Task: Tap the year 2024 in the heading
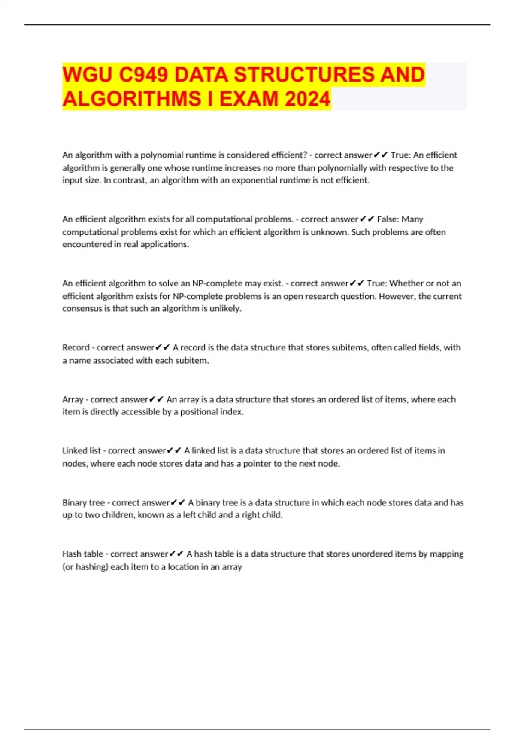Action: (x=307, y=99)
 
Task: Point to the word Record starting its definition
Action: (x=76, y=347)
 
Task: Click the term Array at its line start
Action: (x=73, y=399)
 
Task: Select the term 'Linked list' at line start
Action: (x=82, y=451)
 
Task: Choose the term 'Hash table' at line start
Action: (x=83, y=554)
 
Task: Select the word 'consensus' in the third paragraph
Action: (x=82, y=309)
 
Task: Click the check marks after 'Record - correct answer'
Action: (x=163, y=347)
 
